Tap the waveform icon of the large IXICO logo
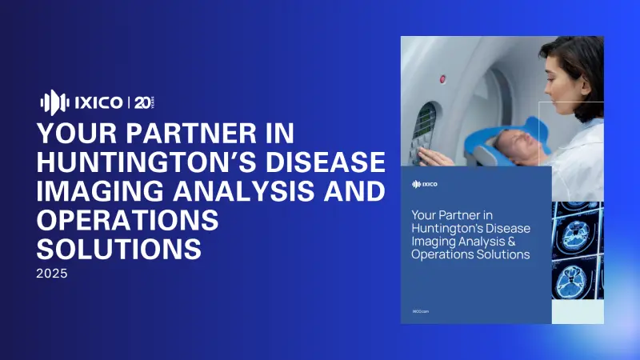pos(52,102)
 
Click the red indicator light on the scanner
pos(442,79)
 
